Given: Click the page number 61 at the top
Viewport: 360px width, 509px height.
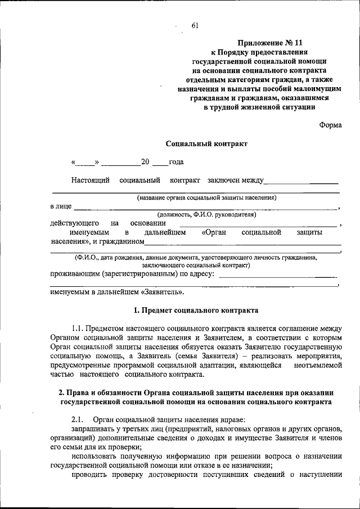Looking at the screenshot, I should pyautogui.click(x=195, y=25).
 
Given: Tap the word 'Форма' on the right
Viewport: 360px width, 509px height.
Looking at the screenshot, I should pyautogui.click(x=330, y=125).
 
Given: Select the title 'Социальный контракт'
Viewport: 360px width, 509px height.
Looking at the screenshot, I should pyautogui.click(x=206, y=144).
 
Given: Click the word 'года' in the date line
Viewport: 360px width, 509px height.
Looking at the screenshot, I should pyautogui.click(x=177, y=163).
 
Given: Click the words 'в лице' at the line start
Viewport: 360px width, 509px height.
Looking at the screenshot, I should pyautogui.click(x=61, y=206).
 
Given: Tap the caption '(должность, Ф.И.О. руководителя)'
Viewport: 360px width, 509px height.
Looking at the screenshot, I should pyautogui.click(x=206, y=215).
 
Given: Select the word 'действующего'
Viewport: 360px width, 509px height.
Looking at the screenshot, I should pyautogui.click(x=75, y=223).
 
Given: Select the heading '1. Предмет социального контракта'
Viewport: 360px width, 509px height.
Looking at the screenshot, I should pyautogui.click(x=196, y=310).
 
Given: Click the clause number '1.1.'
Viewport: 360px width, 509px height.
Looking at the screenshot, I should pyautogui.click(x=79, y=328).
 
